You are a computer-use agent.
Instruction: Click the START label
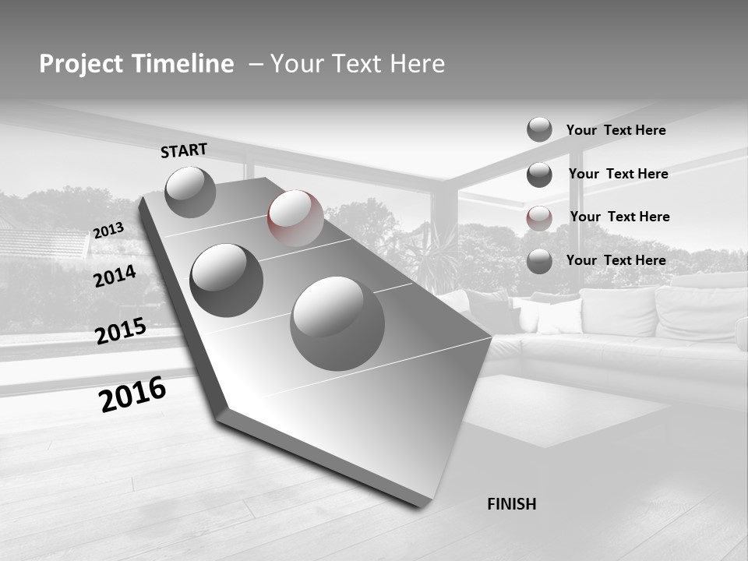click(x=184, y=150)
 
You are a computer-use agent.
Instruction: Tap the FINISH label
click(x=511, y=504)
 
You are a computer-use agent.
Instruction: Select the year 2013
click(x=108, y=231)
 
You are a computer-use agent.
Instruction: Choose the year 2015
click(x=121, y=331)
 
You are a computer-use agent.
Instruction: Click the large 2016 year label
click(x=132, y=393)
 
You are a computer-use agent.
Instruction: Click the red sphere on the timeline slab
click(x=295, y=218)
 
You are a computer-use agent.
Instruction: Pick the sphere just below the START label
click(x=191, y=192)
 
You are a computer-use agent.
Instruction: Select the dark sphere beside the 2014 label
click(x=227, y=280)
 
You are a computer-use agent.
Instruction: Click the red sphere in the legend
click(x=539, y=218)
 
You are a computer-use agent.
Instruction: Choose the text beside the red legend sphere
click(x=619, y=217)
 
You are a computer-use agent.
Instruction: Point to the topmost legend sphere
click(x=539, y=130)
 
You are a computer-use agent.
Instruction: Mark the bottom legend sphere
click(x=539, y=261)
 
